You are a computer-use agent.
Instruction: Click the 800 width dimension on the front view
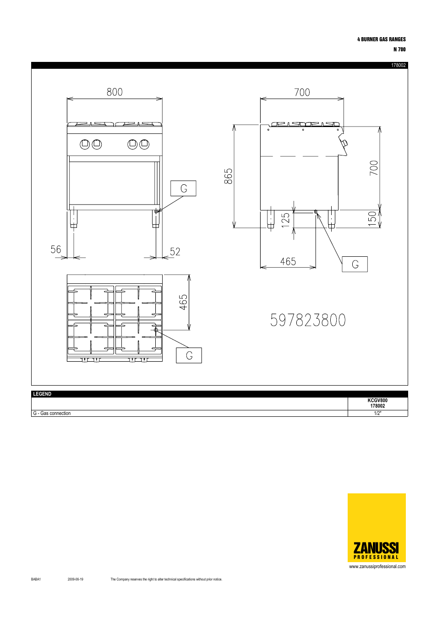[x=115, y=92]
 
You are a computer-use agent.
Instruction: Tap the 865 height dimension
[x=229, y=176]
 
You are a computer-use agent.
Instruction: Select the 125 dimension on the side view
[x=286, y=220]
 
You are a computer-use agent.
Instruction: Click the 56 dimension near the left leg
[x=56, y=249]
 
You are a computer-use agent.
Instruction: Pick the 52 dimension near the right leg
[x=175, y=252]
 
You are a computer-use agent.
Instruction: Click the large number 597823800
[x=308, y=320]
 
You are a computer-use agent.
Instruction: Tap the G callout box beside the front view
[x=183, y=188]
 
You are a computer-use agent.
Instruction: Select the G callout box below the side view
[x=355, y=264]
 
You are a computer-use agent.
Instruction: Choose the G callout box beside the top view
[x=189, y=355]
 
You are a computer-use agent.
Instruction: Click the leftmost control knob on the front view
[x=85, y=144]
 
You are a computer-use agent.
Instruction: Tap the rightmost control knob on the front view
[x=144, y=144]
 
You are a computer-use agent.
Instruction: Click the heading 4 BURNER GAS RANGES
[x=381, y=39]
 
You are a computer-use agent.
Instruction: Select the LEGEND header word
[x=42, y=394]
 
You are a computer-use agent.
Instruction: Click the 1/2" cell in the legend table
[x=377, y=413]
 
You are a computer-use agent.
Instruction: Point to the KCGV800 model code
[x=377, y=400]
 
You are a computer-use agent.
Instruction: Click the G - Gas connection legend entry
[x=52, y=413]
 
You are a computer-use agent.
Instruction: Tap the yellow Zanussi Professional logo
[x=377, y=527]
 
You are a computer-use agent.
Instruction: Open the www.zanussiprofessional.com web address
[x=377, y=566]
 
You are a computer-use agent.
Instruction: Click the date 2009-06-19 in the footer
[x=76, y=579]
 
